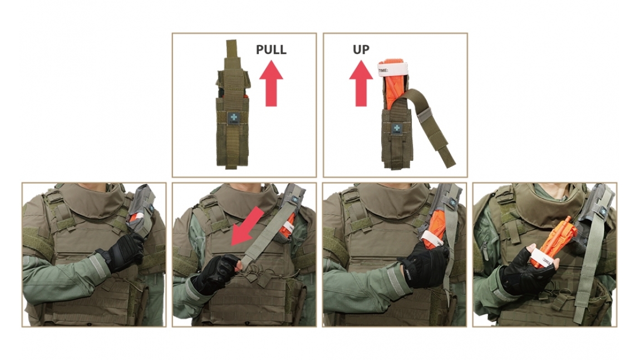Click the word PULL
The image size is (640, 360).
pyautogui.click(x=271, y=50)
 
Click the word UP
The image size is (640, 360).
pyautogui.click(x=361, y=50)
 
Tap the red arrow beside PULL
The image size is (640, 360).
pyautogui.click(x=271, y=83)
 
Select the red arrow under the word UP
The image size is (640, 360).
pyautogui.click(x=361, y=83)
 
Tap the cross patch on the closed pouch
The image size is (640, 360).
pyautogui.click(x=234, y=118)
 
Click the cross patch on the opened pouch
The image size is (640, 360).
pyautogui.click(x=396, y=129)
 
